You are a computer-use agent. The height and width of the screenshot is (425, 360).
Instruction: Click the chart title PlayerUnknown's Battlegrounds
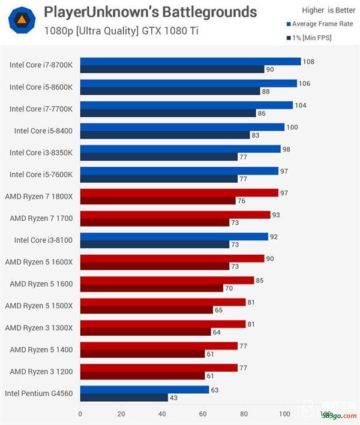[x=150, y=12]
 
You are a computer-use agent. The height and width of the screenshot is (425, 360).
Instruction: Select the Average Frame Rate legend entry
[x=320, y=24]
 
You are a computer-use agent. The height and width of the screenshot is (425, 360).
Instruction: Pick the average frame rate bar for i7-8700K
[x=190, y=61]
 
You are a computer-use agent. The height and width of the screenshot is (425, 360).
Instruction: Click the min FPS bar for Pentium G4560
[x=124, y=397]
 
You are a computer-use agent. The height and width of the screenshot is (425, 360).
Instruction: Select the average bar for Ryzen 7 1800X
[x=179, y=192]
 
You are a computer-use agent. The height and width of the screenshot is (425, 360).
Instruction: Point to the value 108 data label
[x=308, y=62]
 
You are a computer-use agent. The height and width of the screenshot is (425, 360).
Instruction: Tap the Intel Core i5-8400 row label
[x=43, y=131]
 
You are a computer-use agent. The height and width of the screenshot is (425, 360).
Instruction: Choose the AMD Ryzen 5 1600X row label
[x=39, y=262]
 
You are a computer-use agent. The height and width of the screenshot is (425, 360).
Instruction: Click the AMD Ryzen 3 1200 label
[x=41, y=372]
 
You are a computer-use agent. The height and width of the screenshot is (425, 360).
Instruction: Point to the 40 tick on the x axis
[x=162, y=414]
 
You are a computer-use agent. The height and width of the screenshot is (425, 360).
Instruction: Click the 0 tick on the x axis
[x=80, y=414]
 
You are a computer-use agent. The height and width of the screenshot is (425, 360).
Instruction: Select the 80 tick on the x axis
[x=244, y=414]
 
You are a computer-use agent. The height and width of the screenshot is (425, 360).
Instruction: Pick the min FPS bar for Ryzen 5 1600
[x=151, y=288]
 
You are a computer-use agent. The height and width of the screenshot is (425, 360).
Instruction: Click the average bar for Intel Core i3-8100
[x=174, y=236]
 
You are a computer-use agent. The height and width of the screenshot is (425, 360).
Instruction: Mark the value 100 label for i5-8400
[x=292, y=127]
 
